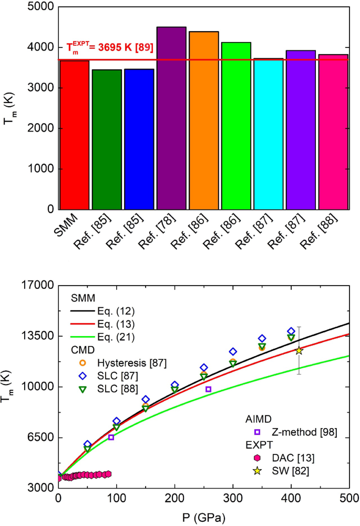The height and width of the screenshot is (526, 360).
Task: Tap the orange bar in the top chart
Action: point(203,120)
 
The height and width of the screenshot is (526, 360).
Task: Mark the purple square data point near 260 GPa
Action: point(208,389)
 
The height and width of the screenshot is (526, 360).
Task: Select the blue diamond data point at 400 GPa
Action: point(291,331)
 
